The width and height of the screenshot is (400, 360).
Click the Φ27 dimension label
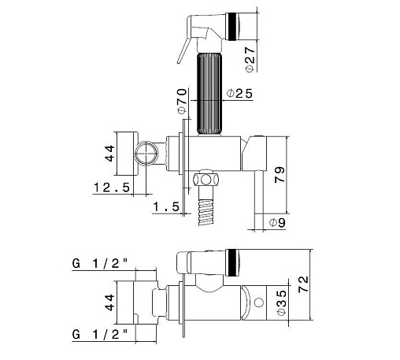[x=250, y=59]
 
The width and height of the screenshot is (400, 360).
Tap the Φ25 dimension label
[x=239, y=94]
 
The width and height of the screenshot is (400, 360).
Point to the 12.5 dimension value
[x=112, y=187]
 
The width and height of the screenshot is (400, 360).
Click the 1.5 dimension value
[x=166, y=206]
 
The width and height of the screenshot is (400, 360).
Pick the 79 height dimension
[x=280, y=175]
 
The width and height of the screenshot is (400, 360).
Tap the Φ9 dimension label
[x=277, y=223]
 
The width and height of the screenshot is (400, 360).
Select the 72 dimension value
[x=303, y=284]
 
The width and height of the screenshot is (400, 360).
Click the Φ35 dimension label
[x=281, y=302]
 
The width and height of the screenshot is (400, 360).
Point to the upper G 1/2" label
[x=100, y=263]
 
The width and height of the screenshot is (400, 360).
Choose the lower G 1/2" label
[x=100, y=335]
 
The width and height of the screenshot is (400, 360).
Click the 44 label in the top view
[x=109, y=154]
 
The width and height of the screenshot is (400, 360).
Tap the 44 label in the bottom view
[x=109, y=302]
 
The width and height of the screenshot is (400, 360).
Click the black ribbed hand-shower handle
[x=209, y=94]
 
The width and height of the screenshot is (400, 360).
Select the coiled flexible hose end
[x=206, y=212]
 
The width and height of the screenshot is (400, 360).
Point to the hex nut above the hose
[x=206, y=180]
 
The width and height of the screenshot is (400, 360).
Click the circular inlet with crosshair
[x=146, y=154]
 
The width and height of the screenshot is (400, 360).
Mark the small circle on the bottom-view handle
[x=259, y=302]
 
